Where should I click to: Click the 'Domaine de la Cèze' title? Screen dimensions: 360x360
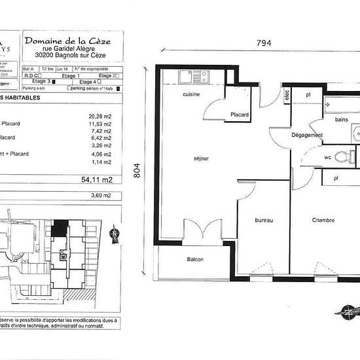[x=67, y=41]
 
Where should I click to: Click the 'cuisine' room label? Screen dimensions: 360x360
[x=190, y=96]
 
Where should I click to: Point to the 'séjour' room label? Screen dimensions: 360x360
[x=200, y=158]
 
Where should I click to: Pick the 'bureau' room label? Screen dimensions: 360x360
[x=264, y=220]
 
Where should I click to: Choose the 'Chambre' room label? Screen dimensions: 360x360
[x=323, y=220]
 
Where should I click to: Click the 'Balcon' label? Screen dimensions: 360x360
[x=195, y=260]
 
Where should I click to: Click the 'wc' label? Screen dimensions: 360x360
[x=310, y=158]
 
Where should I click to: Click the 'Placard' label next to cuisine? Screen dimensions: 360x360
[x=240, y=115]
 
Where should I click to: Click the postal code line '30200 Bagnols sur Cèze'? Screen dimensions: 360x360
[x=67, y=55]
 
